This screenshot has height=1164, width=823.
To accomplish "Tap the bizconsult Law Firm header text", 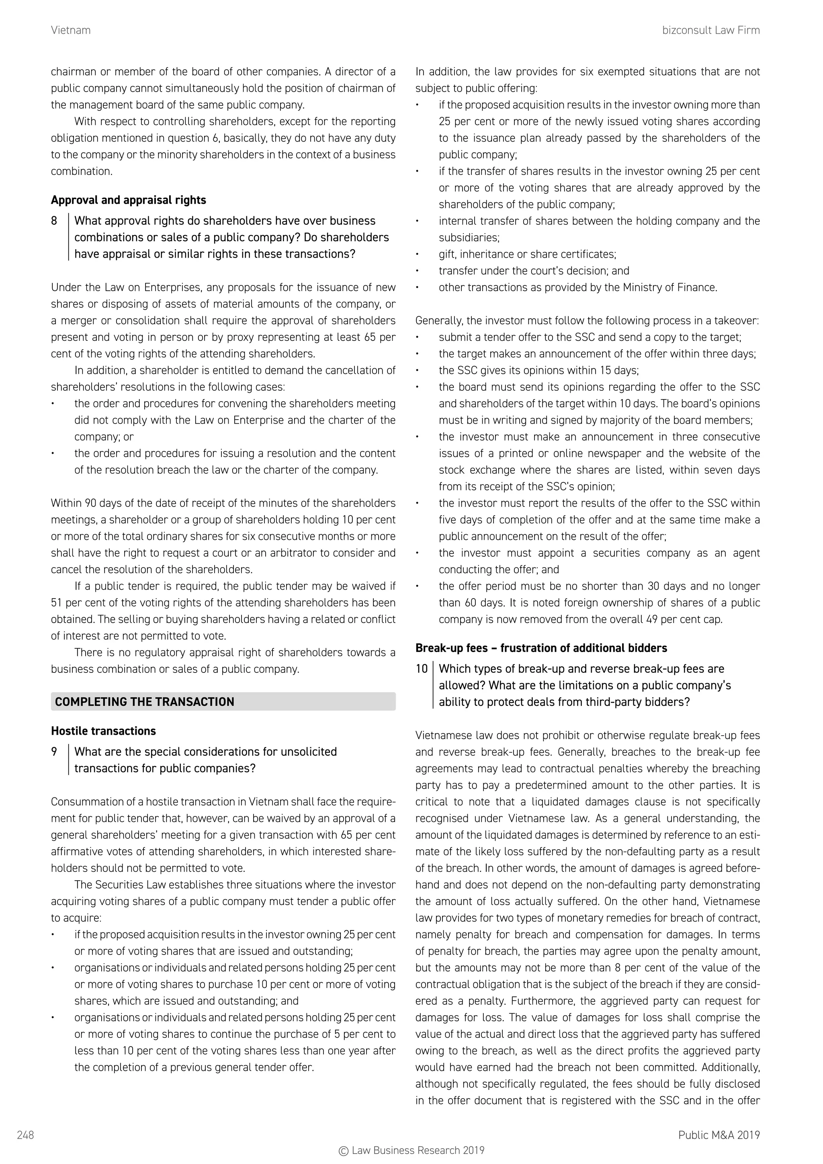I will [710, 31].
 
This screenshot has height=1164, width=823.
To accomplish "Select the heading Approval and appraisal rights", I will [128, 200].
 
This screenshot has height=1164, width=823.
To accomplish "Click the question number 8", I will [54, 221].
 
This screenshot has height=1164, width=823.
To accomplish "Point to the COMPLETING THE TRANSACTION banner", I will [223, 702].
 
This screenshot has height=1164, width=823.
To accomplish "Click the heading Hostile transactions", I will [103, 731].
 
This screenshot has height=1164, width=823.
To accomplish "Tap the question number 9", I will [54, 752].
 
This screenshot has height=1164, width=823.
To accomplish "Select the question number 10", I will [422, 669].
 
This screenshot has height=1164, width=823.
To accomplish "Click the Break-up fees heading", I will [541, 648].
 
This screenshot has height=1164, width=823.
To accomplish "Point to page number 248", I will [25, 1135].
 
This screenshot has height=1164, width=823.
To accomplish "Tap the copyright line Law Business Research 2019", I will [411, 1151].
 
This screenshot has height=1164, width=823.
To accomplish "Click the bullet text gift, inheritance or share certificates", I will [527, 254].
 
